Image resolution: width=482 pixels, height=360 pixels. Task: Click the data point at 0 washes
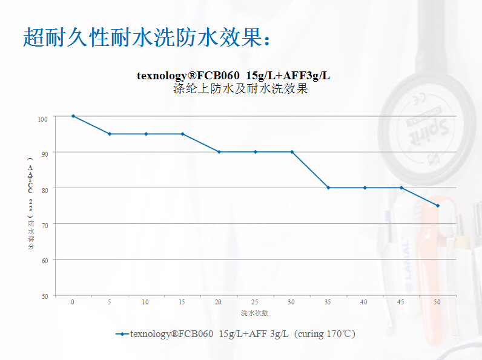point(73,116)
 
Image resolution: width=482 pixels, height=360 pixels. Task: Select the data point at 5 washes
point(110,134)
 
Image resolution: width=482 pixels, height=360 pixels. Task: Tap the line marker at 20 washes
point(219,152)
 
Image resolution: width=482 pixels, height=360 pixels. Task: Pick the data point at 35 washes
point(328,188)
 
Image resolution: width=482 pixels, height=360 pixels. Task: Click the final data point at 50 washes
point(438,206)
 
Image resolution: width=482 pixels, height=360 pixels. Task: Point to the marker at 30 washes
point(292,152)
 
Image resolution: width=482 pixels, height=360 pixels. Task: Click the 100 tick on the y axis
point(42,118)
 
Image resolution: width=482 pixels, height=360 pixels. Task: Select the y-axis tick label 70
point(44,224)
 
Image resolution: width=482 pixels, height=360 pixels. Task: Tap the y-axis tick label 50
point(44,296)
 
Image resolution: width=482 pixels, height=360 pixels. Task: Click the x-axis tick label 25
point(254,301)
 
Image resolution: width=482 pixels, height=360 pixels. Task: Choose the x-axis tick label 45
point(400,301)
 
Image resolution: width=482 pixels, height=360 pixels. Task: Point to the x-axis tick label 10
point(145,301)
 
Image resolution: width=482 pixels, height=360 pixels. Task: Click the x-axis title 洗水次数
point(254,313)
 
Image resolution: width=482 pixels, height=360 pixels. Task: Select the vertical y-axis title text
point(30,202)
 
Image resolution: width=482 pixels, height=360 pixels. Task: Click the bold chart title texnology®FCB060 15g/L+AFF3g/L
point(234,76)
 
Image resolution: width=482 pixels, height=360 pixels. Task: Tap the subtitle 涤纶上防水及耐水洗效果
point(240,89)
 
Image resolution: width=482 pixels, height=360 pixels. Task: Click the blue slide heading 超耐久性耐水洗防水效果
point(145,37)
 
